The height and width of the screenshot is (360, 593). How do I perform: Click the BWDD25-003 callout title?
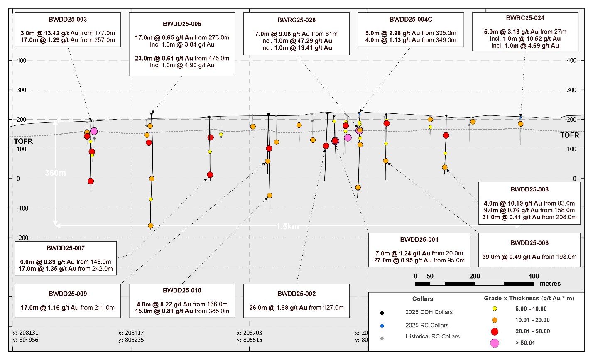tap(67, 20)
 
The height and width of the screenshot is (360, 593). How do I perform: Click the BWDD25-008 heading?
tap(529, 189)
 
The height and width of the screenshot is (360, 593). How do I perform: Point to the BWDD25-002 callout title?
tap(296, 294)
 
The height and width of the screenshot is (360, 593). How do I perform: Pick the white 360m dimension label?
tap(56, 173)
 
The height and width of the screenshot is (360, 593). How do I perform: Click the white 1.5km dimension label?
tap(288, 227)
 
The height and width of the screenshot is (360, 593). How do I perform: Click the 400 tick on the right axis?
tap(571, 61)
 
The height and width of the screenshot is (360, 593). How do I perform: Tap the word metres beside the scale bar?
tap(550, 284)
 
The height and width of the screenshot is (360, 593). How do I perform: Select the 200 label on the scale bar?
tap(474, 276)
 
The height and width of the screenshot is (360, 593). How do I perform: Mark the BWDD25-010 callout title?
tap(182, 290)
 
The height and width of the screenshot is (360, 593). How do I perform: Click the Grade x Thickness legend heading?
tap(529, 299)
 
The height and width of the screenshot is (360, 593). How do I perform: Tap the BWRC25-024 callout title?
tap(525, 18)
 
